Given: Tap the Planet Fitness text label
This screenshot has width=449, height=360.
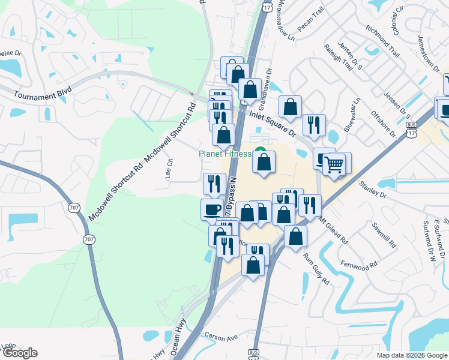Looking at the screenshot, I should click(224, 154).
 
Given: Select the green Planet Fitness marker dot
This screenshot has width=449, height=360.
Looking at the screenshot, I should click(260, 151).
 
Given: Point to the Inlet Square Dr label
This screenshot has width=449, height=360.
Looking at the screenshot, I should click(273, 120).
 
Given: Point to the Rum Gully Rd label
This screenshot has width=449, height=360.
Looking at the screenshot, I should click(316, 269).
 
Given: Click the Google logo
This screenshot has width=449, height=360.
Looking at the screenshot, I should click(19, 353).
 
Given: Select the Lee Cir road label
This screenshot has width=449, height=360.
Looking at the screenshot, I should click(169, 169).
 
